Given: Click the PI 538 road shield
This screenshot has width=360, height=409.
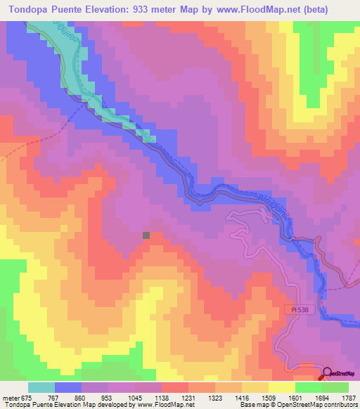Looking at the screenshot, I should click(x=298, y=308).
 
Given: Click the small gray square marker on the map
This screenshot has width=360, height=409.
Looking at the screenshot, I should click(x=146, y=235).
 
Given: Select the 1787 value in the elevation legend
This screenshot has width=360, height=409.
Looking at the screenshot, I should click(x=348, y=397).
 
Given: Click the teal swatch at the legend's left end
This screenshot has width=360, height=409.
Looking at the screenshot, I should click(x=41, y=387).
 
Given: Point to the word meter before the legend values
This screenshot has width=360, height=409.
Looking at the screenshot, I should click(x=11, y=397).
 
